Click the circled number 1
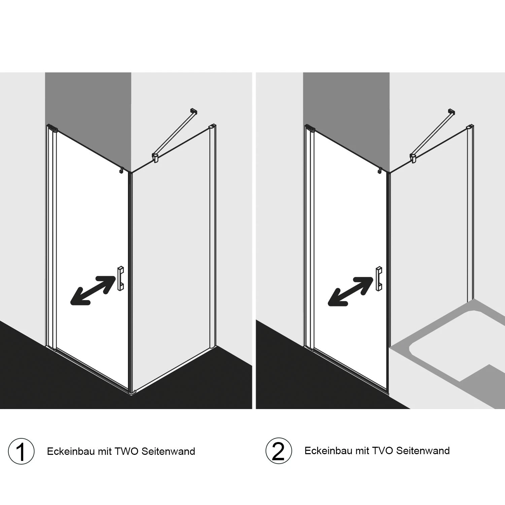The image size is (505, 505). point(21,451)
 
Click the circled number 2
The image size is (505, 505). point(278,451)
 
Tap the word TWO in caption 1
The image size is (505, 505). point(127,451)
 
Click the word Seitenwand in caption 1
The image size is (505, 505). point(168,451)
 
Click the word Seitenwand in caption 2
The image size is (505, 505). point(423,450)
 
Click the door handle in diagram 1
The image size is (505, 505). point(121,278)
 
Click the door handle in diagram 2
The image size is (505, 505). point(378,278)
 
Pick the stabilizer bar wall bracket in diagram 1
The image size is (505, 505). point(193,111)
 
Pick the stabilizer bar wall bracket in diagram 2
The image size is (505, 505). point(451,111)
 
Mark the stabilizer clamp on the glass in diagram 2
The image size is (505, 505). point(413,158)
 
